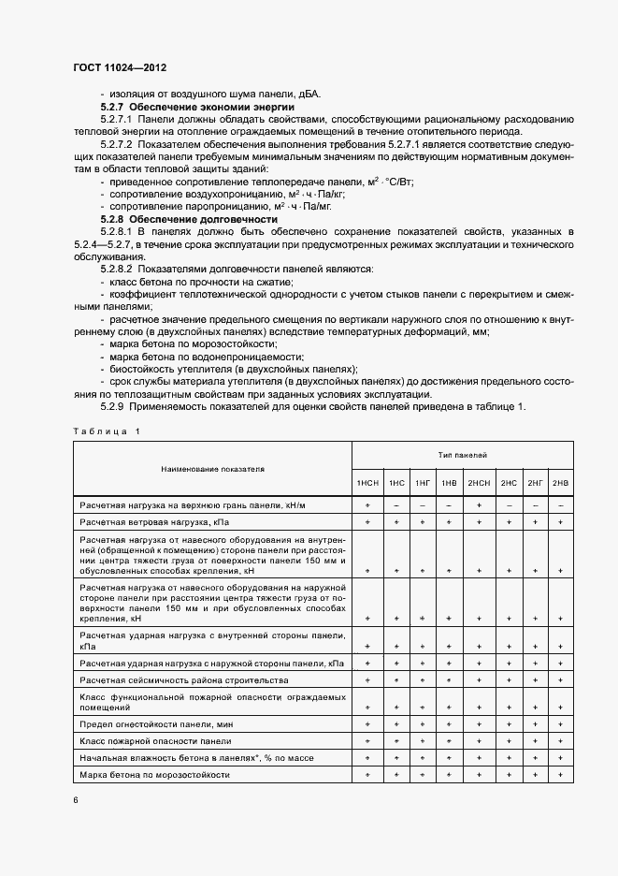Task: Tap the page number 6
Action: click(x=76, y=800)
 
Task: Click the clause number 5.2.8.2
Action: click(x=119, y=269)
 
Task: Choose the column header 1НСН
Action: click(x=367, y=483)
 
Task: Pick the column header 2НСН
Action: click(x=479, y=483)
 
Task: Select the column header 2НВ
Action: click(x=560, y=483)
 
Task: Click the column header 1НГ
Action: click(x=423, y=483)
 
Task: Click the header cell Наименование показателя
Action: click(x=212, y=467)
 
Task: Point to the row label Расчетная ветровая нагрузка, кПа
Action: click(x=154, y=521)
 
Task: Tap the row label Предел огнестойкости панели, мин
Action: click(x=157, y=724)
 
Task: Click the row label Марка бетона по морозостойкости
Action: click(x=154, y=775)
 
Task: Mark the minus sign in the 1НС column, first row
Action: click(x=396, y=505)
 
